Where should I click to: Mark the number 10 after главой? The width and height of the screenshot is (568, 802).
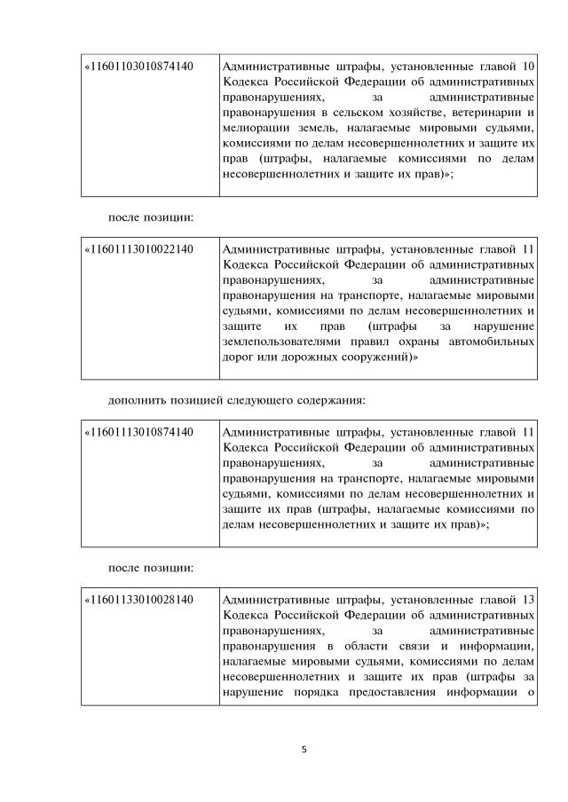pos(527,66)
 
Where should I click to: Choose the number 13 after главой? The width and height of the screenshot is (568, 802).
pos(527,601)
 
